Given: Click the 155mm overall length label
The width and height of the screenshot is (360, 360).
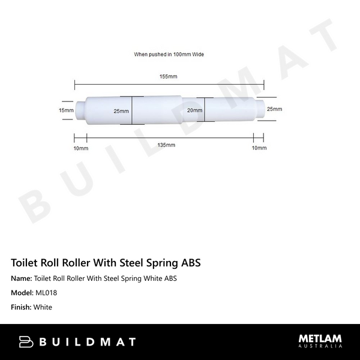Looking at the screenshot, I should [x=169, y=77].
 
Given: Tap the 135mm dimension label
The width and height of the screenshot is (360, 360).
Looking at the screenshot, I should [x=166, y=145].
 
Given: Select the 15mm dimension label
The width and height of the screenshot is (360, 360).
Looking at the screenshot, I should [x=66, y=110].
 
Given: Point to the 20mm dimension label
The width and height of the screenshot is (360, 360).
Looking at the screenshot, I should [x=194, y=110].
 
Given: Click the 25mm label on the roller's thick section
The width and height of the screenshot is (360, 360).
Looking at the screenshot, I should [x=121, y=111].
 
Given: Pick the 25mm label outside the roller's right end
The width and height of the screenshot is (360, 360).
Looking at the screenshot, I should [x=274, y=109].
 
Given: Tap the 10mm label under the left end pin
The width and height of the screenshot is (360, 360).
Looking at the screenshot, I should [x=81, y=148].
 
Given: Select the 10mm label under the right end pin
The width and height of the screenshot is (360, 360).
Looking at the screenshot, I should [x=259, y=148].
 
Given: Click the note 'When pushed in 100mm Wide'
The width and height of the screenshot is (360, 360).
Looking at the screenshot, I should [x=169, y=54].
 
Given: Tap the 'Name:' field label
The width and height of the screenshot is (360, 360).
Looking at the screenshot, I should [x=22, y=278].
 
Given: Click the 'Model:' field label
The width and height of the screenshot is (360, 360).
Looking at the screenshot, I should [x=23, y=293].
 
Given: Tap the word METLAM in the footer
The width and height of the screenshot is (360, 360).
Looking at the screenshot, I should [x=321, y=338].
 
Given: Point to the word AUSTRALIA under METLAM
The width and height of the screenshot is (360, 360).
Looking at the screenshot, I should [x=321, y=347].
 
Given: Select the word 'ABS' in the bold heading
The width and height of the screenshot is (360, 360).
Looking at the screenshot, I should [x=190, y=263].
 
